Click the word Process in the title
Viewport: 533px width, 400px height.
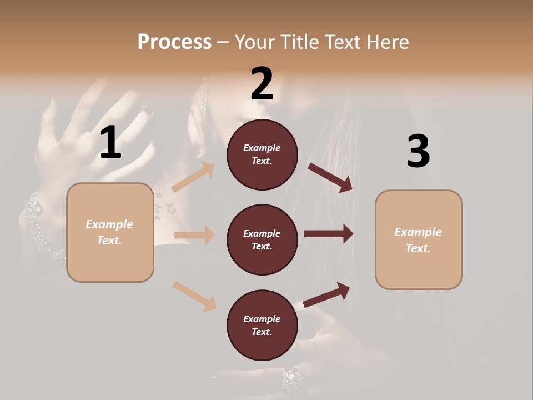pyautogui.click(x=174, y=42)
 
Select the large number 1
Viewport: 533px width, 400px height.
pyautogui.click(x=110, y=143)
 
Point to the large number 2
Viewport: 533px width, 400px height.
pyautogui.click(x=262, y=84)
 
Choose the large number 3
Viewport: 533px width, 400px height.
pyautogui.click(x=418, y=152)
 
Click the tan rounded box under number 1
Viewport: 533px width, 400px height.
pyautogui.click(x=110, y=232)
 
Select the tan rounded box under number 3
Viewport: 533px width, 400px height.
pyautogui.click(x=419, y=240)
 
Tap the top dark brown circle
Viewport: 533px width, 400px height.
pyautogui.click(x=262, y=154)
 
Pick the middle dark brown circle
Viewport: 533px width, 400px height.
pyautogui.click(x=262, y=240)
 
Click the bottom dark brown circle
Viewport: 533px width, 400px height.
pyautogui.click(x=262, y=326)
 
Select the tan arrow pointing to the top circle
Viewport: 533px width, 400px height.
pyautogui.click(x=193, y=177)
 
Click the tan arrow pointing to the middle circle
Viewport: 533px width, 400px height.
pyautogui.click(x=194, y=235)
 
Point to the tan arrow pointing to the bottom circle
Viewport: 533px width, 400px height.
pyautogui.click(x=194, y=296)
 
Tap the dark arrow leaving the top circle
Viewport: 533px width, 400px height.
pyautogui.click(x=330, y=177)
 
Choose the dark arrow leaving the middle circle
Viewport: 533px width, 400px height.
pyautogui.click(x=329, y=233)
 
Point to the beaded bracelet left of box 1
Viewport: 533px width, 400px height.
pyautogui.click(x=42, y=225)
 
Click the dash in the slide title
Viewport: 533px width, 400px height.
pyautogui.click(x=223, y=42)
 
